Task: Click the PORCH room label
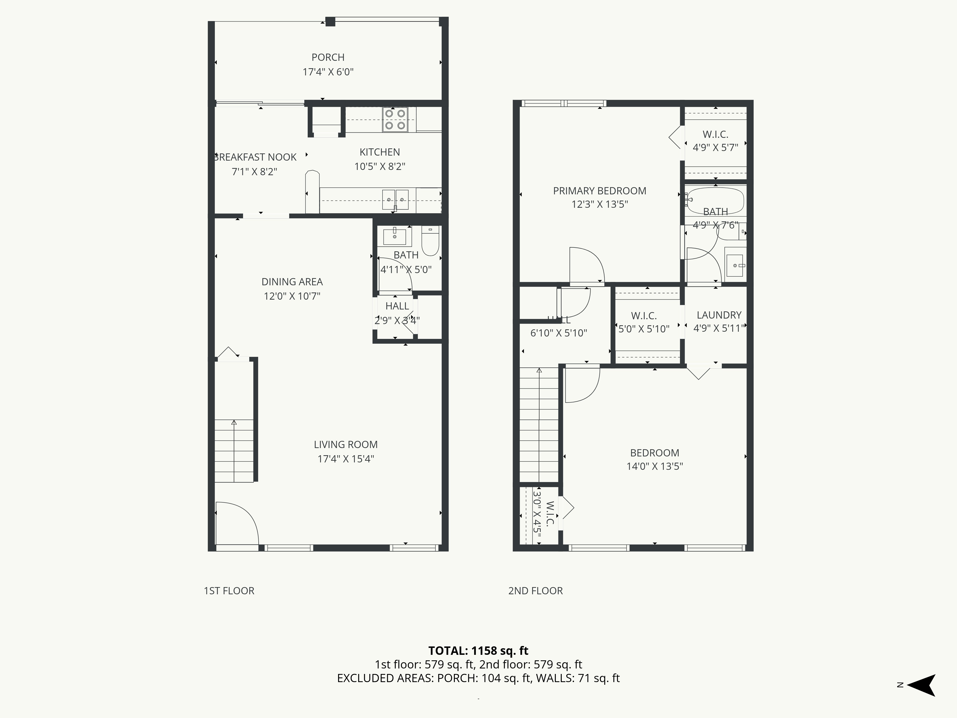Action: click(x=328, y=57)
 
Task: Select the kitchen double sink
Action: click(x=395, y=200)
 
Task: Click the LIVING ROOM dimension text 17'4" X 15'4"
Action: click(x=346, y=459)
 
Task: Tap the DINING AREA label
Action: click(x=292, y=282)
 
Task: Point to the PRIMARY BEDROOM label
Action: click(x=599, y=191)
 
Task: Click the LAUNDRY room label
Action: click(x=719, y=315)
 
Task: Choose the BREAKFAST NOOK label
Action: click(x=255, y=157)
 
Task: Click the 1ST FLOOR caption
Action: click(x=229, y=591)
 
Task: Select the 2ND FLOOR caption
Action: click(x=535, y=591)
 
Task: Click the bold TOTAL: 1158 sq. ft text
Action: click(x=478, y=651)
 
